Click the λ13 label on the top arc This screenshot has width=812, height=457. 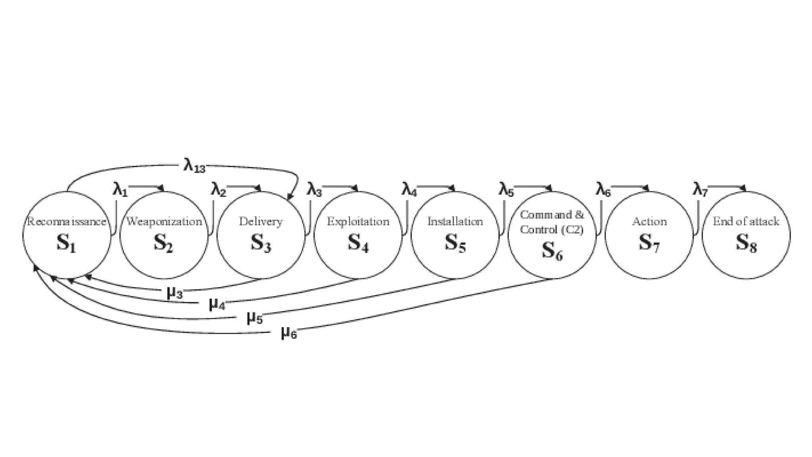click(194, 165)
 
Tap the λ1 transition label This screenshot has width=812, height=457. click(120, 190)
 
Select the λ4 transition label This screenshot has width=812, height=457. click(410, 190)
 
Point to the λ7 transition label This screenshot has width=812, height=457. click(700, 190)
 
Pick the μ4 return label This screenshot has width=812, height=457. click(217, 305)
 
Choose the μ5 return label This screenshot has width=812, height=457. click(255, 318)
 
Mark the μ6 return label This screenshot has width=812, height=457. click(289, 333)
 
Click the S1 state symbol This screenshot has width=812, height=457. click(66, 243)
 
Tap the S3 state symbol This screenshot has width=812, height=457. click(261, 243)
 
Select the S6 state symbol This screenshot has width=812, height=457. click(552, 251)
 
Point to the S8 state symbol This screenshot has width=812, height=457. click(746, 243)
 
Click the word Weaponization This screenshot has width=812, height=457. click(164, 221)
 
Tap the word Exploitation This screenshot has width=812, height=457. click(358, 221)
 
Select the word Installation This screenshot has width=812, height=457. click(455, 221)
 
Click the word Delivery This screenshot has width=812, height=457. click(261, 221)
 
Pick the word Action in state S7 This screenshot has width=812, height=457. click(649, 221)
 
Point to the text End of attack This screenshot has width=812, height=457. click(746, 221)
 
